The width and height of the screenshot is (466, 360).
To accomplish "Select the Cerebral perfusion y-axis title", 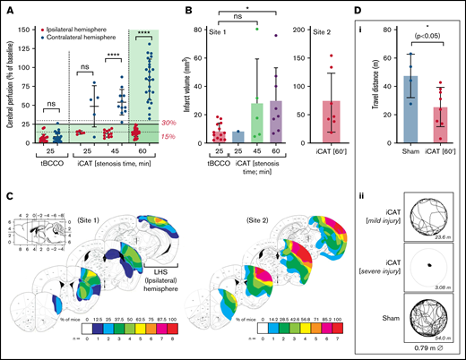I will (7, 85).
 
